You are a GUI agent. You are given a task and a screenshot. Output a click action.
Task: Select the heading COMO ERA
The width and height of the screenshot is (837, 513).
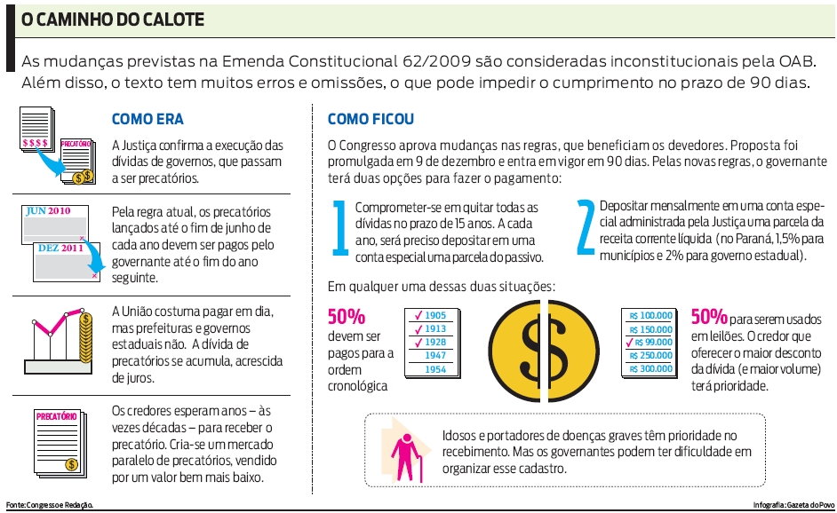coord(147,119)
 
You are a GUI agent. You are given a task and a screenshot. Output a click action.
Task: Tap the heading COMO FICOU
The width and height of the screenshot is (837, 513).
coord(371,119)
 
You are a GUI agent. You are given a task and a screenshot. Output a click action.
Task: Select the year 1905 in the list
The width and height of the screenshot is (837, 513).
coord(435,315)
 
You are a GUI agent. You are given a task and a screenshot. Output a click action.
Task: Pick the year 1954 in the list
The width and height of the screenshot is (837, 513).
coord(435,369)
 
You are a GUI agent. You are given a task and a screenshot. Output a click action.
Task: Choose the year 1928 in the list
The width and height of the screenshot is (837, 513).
coord(435,342)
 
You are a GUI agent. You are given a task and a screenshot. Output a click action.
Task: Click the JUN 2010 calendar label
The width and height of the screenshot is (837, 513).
coord(48,212)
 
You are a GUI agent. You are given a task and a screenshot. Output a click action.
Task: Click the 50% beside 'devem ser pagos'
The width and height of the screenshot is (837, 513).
coord(346,317)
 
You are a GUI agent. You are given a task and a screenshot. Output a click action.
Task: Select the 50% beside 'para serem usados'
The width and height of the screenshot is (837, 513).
coord(709,317)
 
